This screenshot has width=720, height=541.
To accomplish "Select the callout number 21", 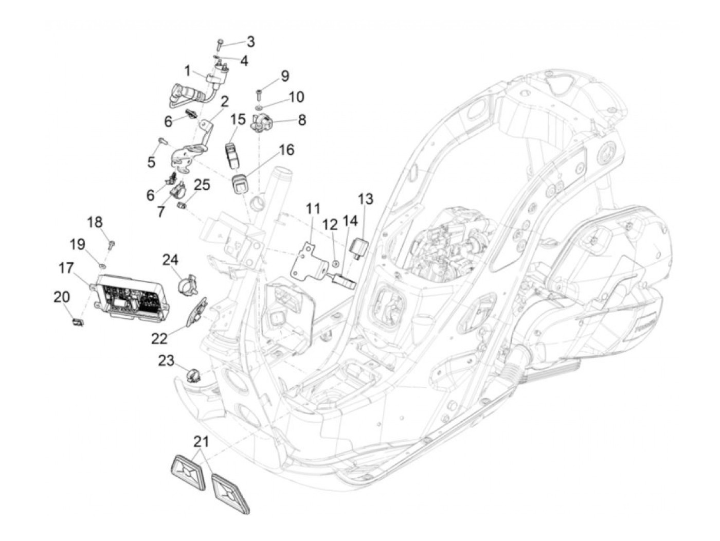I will click(x=201, y=442).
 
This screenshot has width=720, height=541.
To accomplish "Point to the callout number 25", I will click(x=202, y=185).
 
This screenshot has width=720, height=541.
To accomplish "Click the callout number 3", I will click(x=250, y=41).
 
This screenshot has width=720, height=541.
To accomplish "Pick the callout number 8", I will click(x=302, y=120).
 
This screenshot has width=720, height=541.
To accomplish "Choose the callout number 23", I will click(x=166, y=360).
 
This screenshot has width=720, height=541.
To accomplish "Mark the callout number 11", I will click(x=313, y=209).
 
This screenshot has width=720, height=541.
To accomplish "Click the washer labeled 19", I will click(x=102, y=265).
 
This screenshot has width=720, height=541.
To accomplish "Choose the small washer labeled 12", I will click(x=335, y=263).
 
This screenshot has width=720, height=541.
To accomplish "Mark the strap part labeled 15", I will click(x=232, y=152).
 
